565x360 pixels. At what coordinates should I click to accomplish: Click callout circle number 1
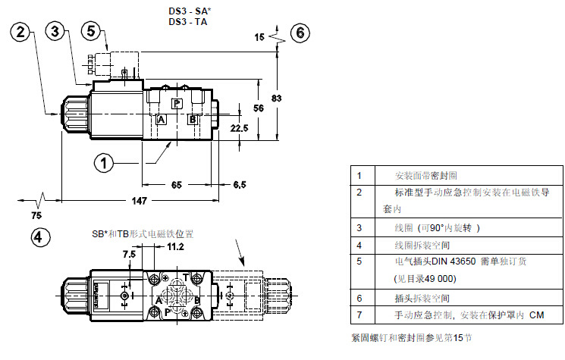105,161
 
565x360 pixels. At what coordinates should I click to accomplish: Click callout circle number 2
22,31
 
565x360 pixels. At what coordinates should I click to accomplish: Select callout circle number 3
55,31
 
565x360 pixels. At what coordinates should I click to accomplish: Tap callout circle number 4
42,236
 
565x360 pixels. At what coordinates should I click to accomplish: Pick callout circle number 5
92,31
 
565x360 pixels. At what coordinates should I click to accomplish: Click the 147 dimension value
137,200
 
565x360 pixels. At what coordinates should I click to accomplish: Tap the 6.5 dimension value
240,184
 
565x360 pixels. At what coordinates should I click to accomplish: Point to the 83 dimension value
278,99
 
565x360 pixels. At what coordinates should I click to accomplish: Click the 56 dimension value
257,108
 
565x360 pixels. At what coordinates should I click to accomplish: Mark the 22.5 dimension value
240,128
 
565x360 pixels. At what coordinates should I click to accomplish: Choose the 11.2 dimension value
176,246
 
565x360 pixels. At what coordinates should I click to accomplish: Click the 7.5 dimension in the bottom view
129,255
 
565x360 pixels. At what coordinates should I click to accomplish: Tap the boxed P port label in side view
177,103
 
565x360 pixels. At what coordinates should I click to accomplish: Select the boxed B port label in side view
193,120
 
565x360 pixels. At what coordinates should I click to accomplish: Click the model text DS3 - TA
187,22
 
